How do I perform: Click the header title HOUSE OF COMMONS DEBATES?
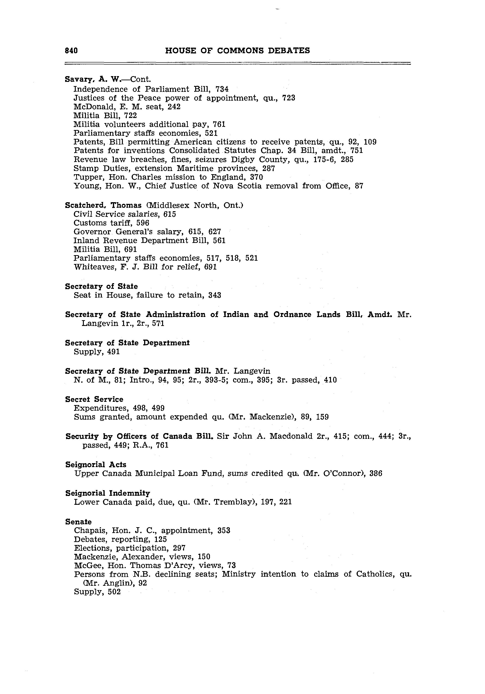(x=237, y=50)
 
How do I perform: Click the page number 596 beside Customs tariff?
(x=143, y=223)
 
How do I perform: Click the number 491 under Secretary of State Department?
(x=113, y=352)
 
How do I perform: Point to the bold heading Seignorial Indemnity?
(x=107, y=493)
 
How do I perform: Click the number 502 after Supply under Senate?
(x=114, y=592)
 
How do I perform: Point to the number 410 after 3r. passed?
(x=330, y=380)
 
